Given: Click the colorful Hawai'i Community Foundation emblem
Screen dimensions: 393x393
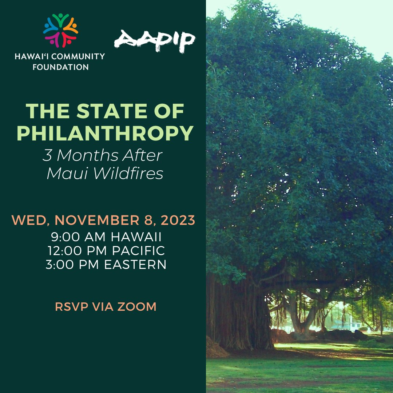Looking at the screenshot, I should tap(60, 31).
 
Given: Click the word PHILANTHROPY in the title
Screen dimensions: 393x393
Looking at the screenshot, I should tap(105, 134).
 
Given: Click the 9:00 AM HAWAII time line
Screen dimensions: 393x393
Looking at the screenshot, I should tap(106, 238).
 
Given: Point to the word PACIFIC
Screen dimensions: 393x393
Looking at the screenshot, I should tap(136, 251).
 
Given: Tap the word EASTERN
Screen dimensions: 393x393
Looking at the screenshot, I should tap(135, 265).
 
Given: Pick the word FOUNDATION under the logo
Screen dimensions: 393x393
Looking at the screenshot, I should tap(65, 67).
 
